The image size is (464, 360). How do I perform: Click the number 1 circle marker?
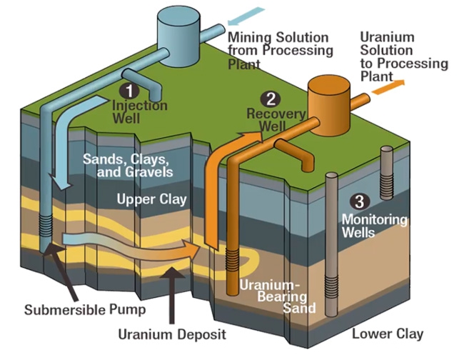pos(128,91)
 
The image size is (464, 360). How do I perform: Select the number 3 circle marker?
pos(360,201)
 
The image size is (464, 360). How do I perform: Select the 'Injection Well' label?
pos(140,111)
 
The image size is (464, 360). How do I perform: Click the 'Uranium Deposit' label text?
pos(172,334)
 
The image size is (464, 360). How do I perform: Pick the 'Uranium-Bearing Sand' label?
pos(274,295)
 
